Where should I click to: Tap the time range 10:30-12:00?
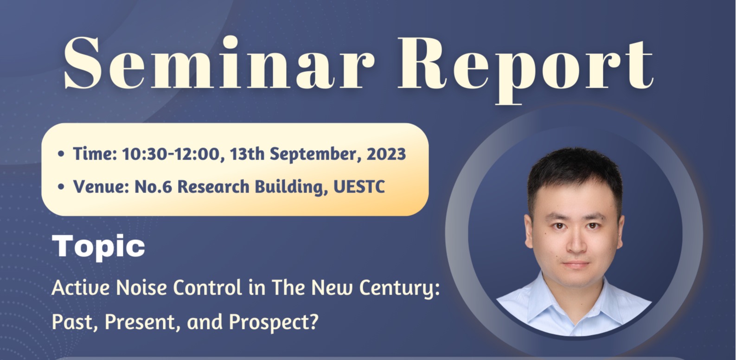tap(171, 154)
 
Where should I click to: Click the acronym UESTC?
tap(359, 187)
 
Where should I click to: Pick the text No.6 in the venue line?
tap(153, 187)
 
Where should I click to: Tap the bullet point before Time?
tap(61, 154)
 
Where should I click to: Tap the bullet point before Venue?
tap(61, 187)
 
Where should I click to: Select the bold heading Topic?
tap(98, 247)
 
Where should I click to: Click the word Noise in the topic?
tap(141, 288)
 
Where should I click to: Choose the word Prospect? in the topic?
tap(274, 322)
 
